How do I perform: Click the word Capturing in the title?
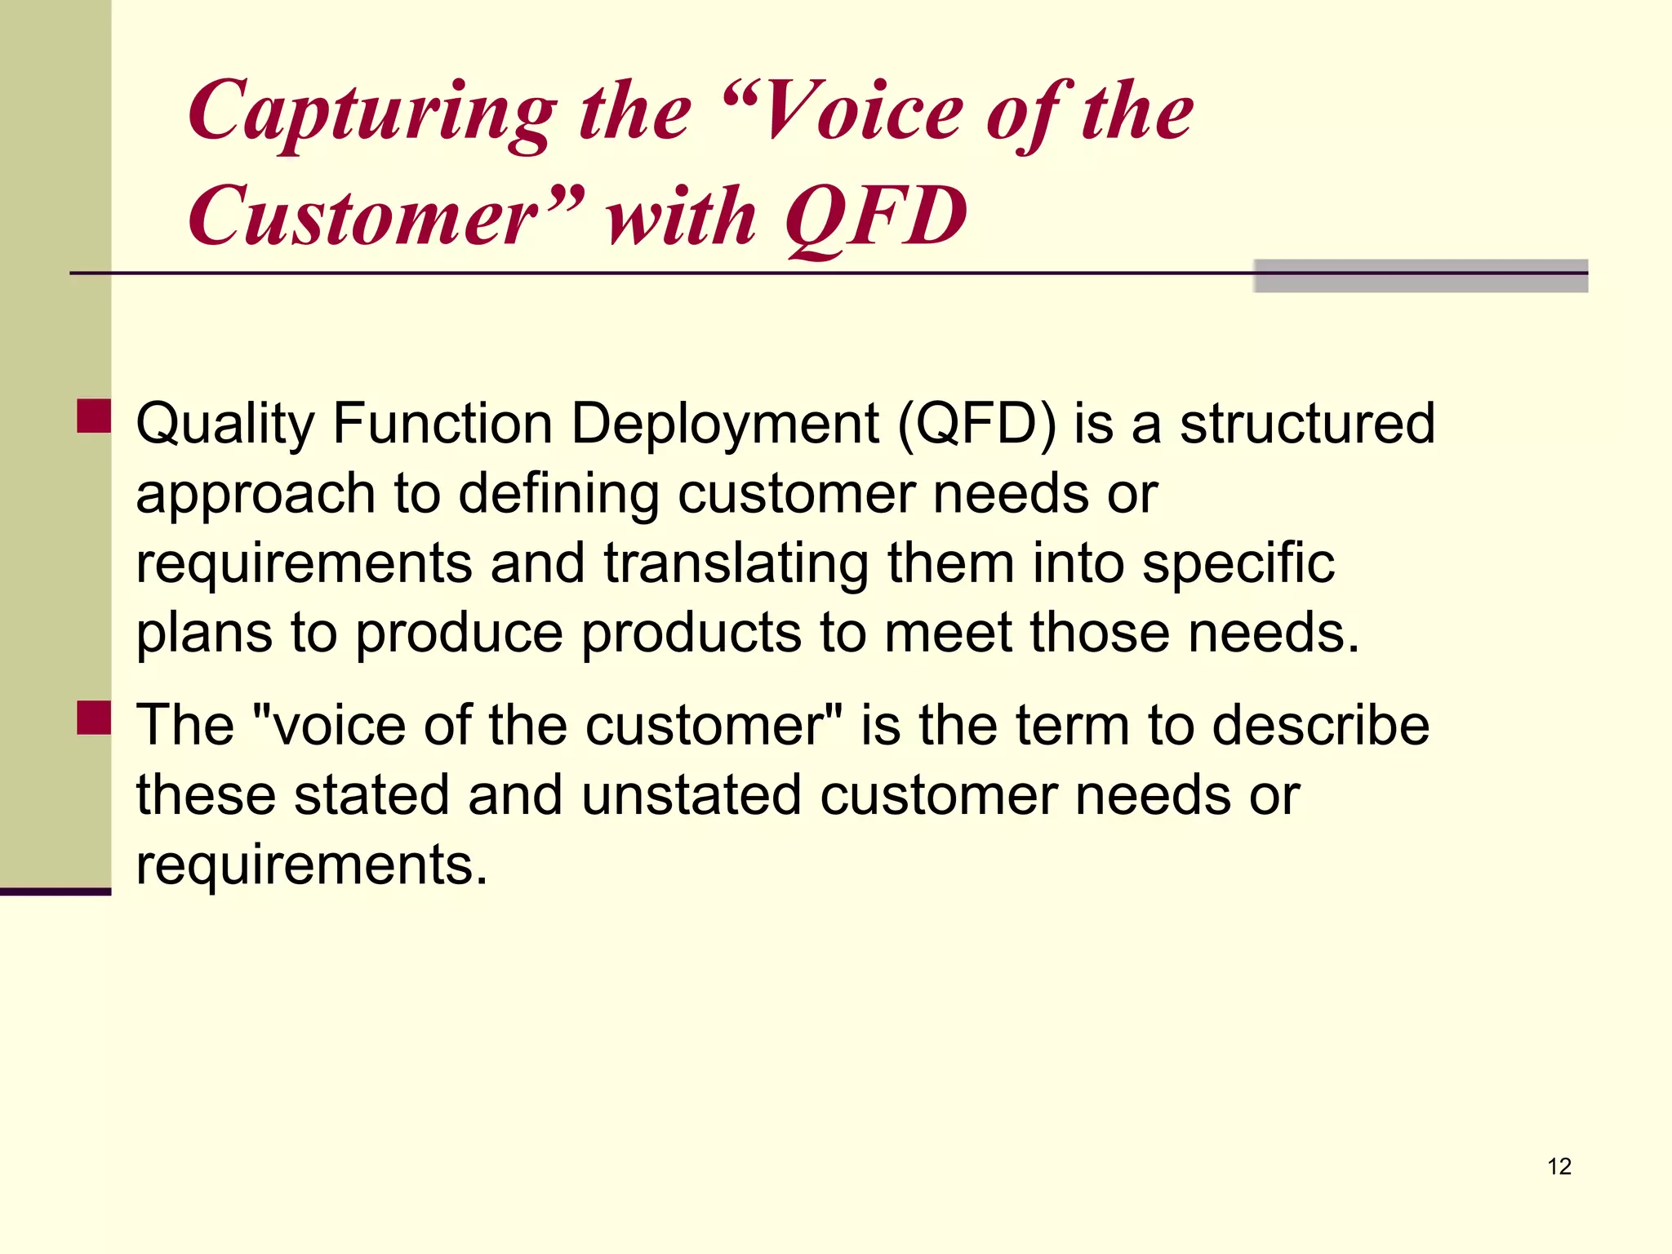pos(371,114)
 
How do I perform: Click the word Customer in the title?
pos(363,217)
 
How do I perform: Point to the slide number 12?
pos(1559,1167)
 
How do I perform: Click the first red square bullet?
pos(94,416)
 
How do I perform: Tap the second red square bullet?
pos(94,718)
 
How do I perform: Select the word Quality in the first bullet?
pos(225,425)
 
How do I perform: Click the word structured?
pos(1307,425)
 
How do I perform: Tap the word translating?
pos(736,564)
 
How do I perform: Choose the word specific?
pos(1238,564)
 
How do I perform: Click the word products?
pos(691,634)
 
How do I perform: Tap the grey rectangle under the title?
pos(1421,276)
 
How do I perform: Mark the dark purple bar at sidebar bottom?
pos(56,892)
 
